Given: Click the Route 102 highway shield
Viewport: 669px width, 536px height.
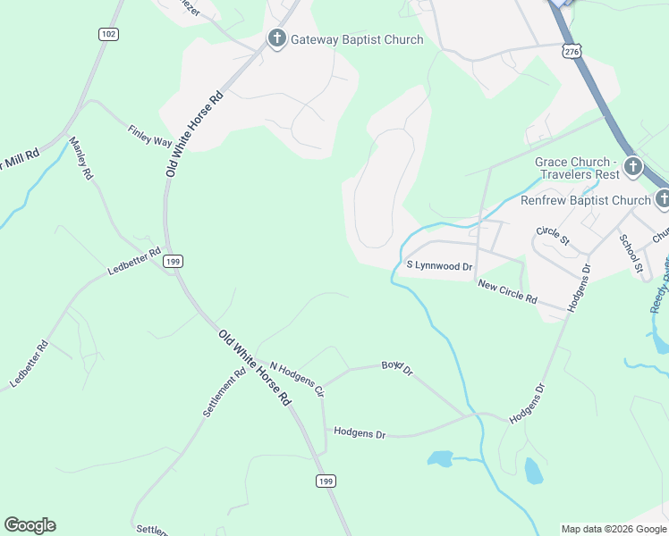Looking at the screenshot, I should click(x=108, y=34).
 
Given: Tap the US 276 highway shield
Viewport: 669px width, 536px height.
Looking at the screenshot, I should click(x=571, y=52).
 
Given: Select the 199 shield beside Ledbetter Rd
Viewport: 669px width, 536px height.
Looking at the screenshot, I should click(x=174, y=261).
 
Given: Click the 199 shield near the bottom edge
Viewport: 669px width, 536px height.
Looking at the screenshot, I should click(x=326, y=482).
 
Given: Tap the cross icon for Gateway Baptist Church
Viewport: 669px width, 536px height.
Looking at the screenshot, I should click(x=276, y=39).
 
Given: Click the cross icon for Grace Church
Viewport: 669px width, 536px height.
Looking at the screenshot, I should click(x=632, y=166).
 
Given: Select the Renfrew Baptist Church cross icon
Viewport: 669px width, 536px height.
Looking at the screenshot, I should click(x=662, y=200).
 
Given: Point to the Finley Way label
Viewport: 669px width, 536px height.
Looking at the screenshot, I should click(x=149, y=136).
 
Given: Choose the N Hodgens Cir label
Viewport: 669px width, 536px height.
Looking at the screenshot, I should click(x=296, y=381).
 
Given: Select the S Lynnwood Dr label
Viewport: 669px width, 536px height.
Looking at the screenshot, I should click(x=438, y=266).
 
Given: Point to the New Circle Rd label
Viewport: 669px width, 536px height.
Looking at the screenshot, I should click(x=507, y=291).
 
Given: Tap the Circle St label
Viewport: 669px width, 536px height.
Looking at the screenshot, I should click(x=553, y=236).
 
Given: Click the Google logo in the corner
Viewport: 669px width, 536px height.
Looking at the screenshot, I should click(x=30, y=525).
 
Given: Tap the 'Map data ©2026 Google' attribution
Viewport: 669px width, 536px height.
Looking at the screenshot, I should click(x=614, y=529).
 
